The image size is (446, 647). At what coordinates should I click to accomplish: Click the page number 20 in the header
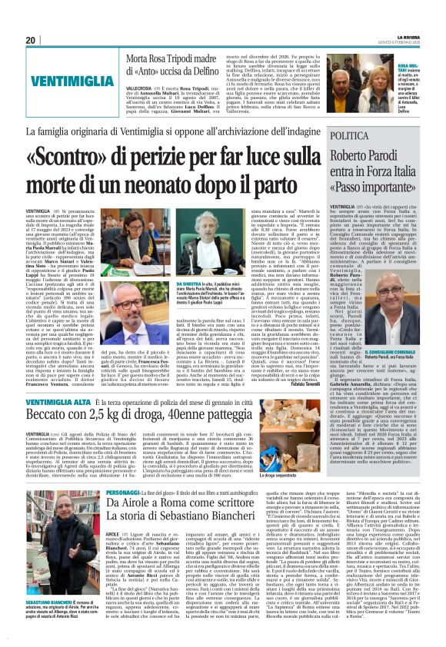[30, 40]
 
